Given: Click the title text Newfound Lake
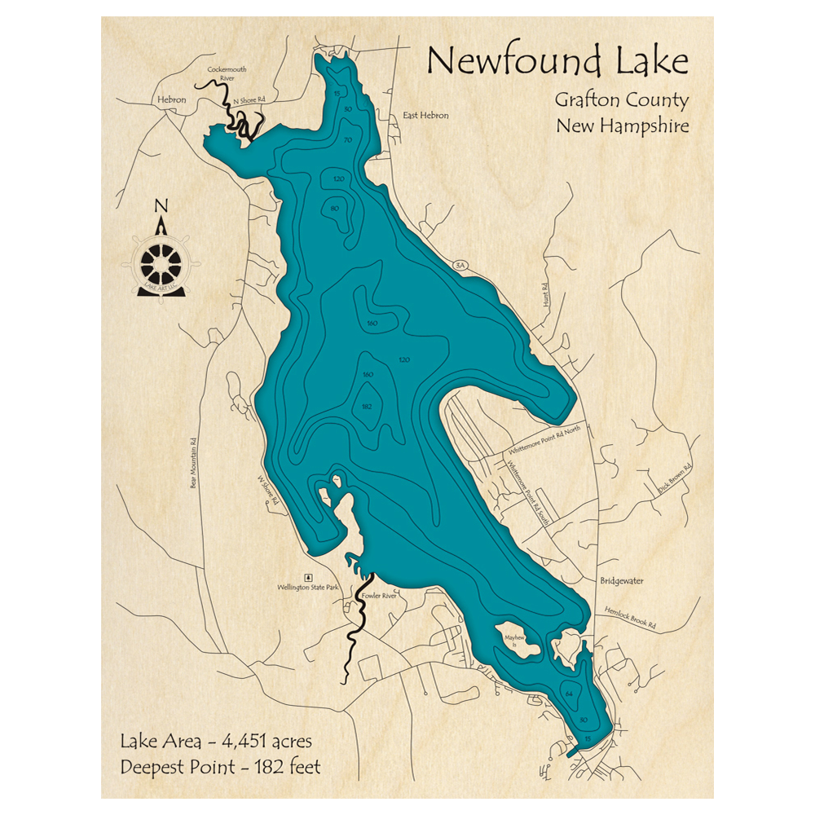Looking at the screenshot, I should tap(557, 62).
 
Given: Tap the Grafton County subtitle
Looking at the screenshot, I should tap(622, 100).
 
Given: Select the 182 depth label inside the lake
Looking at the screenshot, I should tap(367, 406).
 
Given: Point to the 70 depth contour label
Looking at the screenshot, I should tap(348, 140).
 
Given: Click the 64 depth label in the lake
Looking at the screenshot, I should tap(569, 694).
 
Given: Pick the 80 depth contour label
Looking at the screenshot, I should tap(334, 209).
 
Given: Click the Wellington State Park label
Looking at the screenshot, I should tap(308, 586).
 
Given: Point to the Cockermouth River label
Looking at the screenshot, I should tap(227, 74).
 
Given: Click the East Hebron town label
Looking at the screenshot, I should tap(425, 116).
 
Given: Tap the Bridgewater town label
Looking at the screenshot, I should tap(622, 581).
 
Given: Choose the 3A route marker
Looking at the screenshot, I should tap(460, 265).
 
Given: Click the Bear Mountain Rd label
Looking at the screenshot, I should tap(194, 465).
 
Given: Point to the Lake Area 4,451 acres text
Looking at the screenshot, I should tap(215, 742).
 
